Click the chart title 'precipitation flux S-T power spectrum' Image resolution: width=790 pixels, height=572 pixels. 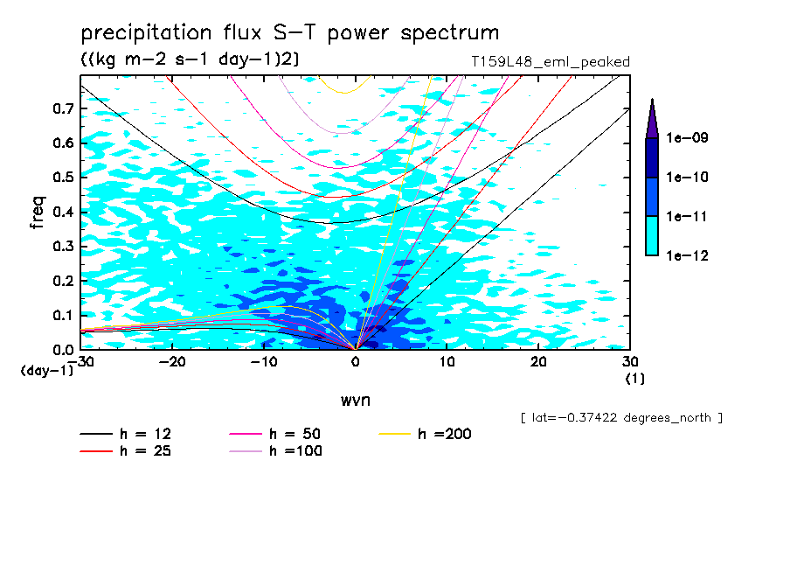(x=290, y=34)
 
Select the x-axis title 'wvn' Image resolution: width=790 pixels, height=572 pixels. (x=355, y=400)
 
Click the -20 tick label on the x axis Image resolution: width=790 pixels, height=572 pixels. (x=172, y=362)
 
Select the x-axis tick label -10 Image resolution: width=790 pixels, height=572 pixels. (x=263, y=362)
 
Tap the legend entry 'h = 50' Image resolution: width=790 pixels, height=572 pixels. (x=296, y=435)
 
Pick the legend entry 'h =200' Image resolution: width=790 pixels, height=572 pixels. (x=445, y=435)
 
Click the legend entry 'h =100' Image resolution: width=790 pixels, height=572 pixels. (x=296, y=451)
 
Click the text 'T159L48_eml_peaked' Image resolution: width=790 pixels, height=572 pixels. (x=550, y=61)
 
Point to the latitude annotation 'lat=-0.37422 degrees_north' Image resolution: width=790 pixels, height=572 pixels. (x=621, y=417)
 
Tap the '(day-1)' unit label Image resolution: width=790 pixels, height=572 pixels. (x=46, y=371)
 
